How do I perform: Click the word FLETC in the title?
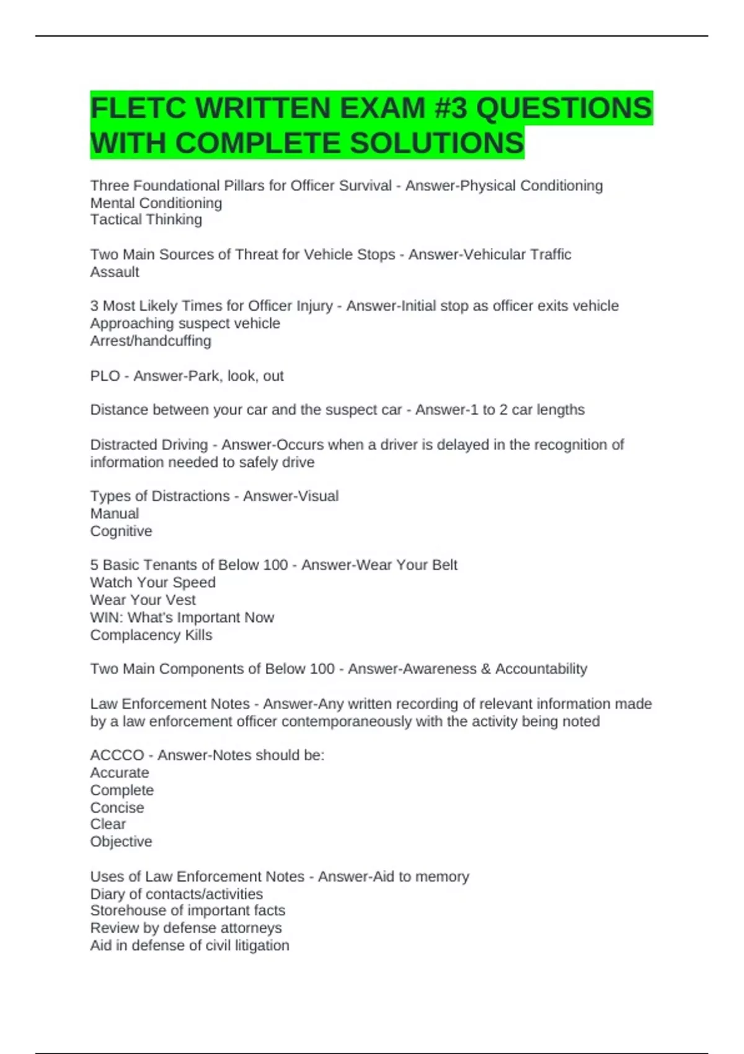click(x=138, y=108)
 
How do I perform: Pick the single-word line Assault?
click(x=115, y=272)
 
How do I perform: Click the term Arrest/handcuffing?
click(x=151, y=340)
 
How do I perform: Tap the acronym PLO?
click(x=105, y=376)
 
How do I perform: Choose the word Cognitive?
click(x=121, y=531)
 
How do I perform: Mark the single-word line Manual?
click(x=115, y=513)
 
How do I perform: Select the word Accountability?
click(x=541, y=669)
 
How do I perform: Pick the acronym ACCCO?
click(x=117, y=755)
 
